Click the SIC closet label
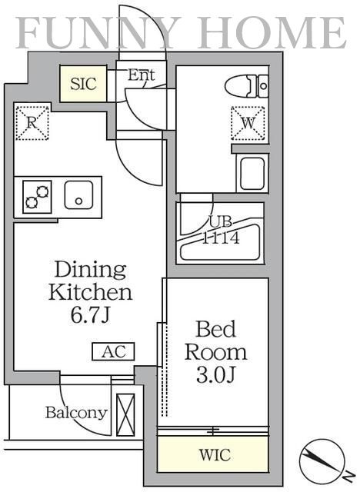(83, 84)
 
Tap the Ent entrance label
(142, 75)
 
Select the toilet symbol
(247, 85)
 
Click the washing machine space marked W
(248, 123)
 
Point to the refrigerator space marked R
(32, 123)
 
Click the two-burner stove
(38, 197)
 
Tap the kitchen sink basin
(78, 194)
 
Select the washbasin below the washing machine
(252, 174)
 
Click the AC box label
(113, 351)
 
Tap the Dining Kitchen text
(91, 281)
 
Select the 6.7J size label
(91, 314)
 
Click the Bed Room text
(215, 341)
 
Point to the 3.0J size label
(215, 374)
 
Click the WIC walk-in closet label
(215, 454)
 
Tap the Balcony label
(76, 413)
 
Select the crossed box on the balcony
(125, 414)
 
